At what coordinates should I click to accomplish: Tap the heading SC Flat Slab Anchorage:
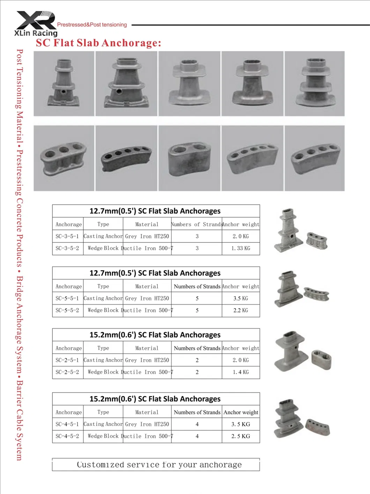point(98,43)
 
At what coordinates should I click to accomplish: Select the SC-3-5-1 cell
point(67,236)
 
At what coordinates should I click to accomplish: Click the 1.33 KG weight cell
point(241,248)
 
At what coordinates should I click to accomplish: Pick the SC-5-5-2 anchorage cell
point(67,310)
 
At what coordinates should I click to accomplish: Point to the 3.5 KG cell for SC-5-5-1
point(241,298)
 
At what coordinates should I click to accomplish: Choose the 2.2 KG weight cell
point(241,310)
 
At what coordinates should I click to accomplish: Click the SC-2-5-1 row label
point(67,360)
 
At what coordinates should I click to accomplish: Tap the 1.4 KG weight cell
point(241,372)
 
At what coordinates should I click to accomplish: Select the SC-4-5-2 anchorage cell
point(67,436)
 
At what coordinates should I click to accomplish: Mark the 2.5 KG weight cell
point(241,436)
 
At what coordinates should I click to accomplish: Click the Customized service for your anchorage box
point(156,465)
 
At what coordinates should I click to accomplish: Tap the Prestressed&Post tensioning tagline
point(92,25)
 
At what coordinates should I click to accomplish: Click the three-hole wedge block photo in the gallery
point(64,158)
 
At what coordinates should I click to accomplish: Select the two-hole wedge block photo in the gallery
point(189,158)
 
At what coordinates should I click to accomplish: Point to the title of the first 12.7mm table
point(155,211)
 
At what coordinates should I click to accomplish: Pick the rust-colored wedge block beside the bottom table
point(317,427)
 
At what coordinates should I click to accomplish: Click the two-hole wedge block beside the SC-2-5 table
point(321,359)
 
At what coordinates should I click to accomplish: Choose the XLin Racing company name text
point(36,33)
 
